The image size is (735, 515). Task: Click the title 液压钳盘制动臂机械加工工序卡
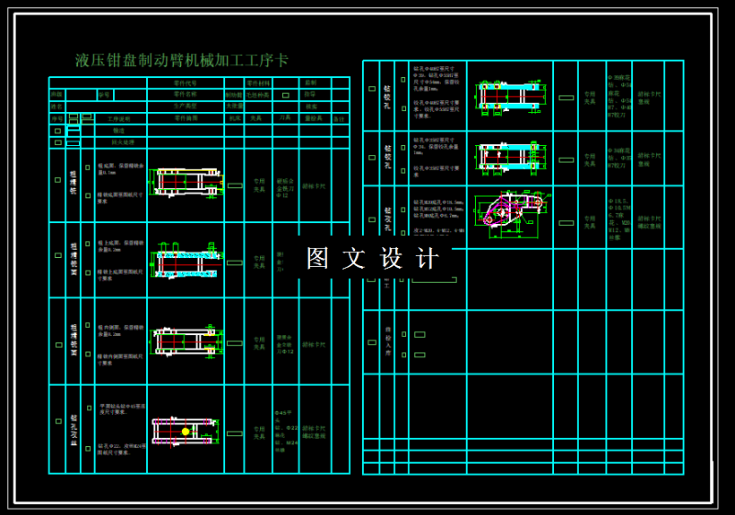coord(182,61)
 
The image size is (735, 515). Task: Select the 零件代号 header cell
coord(185,82)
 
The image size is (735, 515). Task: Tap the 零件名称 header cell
coord(185,94)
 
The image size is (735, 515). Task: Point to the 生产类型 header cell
coord(185,106)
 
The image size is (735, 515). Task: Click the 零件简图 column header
coord(185,118)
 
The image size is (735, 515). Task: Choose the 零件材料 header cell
coord(258,82)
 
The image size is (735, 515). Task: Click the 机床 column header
coord(234,118)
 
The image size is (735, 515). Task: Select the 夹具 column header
coord(257,118)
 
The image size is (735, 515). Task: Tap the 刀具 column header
coord(285,118)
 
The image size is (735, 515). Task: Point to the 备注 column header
coord(339,118)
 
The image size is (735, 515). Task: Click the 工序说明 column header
coord(119,118)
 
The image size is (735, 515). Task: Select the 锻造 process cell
coord(119,131)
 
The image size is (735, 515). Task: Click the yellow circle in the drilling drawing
coord(186,432)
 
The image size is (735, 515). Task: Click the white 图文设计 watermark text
coord(372,258)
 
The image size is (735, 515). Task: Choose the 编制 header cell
coord(311,82)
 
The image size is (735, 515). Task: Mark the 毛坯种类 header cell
coord(258,94)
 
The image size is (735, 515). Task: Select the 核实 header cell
coord(311,106)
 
